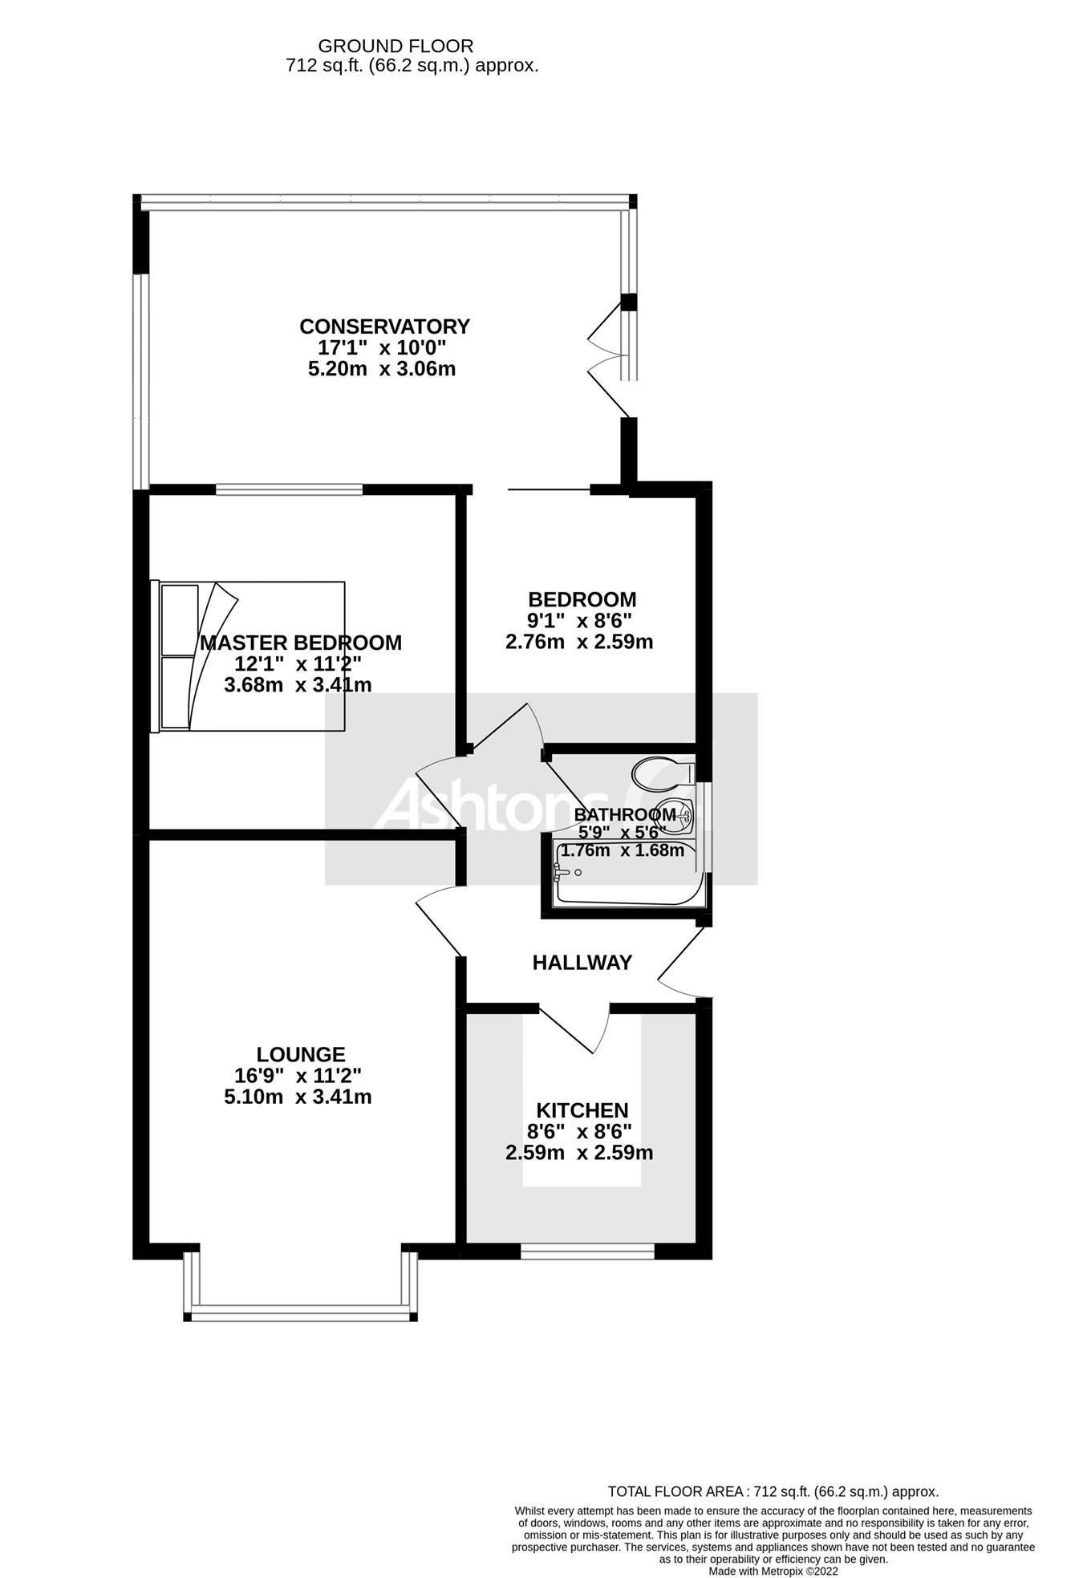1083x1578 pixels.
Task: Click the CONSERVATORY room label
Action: pyautogui.click(x=384, y=327)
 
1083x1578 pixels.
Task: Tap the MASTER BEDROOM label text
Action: pyautogui.click(x=301, y=643)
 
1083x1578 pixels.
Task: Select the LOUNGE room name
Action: pyautogui.click(x=301, y=1054)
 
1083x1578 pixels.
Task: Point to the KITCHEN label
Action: pyautogui.click(x=582, y=1110)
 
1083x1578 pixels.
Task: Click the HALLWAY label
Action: pyautogui.click(x=582, y=962)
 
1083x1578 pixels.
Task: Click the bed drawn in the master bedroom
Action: pyautogui.click(x=249, y=656)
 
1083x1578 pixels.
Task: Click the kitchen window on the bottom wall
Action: pyautogui.click(x=587, y=1249)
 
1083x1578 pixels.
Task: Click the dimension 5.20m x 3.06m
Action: pyautogui.click(x=382, y=369)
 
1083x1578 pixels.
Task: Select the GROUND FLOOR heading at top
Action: pyautogui.click(x=395, y=47)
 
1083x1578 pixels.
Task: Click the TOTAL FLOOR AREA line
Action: pyautogui.click(x=773, y=1491)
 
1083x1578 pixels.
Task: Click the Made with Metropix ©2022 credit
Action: pyautogui.click(x=773, y=1571)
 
